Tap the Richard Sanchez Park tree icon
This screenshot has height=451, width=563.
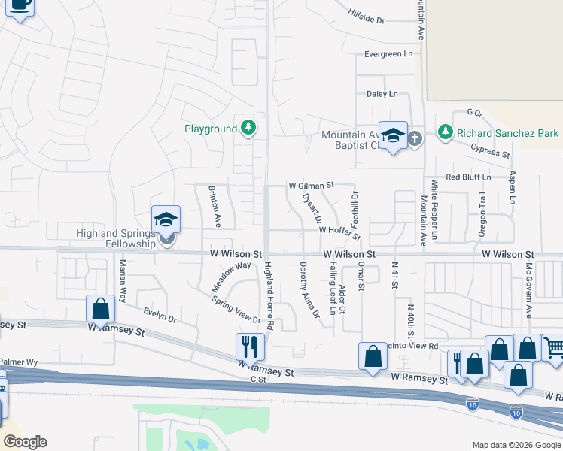pyautogui.click(x=446, y=133)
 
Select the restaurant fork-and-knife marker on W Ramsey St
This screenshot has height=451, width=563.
pyautogui.click(x=250, y=347)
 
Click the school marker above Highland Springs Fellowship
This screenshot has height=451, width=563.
pyautogui.click(x=166, y=219)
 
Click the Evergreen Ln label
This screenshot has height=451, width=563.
pyautogui.click(x=389, y=54)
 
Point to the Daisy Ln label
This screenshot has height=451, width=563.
pyautogui.click(x=382, y=94)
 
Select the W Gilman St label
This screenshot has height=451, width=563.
pyautogui.click(x=310, y=185)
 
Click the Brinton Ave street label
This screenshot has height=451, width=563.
pyautogui.click(x=214, y=207)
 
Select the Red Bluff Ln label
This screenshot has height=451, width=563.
pyautogui.click(x=468, y=177)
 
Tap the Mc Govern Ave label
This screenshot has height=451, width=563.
pyautogui.click(x=529, y=289)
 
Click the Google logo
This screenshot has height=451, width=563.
pyautogui.click(x=24, y=442)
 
